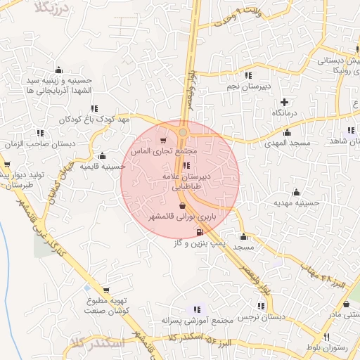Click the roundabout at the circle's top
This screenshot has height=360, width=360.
[183, 132]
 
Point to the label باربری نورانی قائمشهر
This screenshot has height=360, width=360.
[182, 219]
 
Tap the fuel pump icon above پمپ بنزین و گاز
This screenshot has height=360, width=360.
[199, 231]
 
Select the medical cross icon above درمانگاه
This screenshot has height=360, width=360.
[285, 101]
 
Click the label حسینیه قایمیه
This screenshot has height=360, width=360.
[102, 167]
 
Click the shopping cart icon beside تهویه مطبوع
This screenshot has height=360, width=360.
[105, 289]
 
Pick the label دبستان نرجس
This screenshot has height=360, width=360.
[262, 317]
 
